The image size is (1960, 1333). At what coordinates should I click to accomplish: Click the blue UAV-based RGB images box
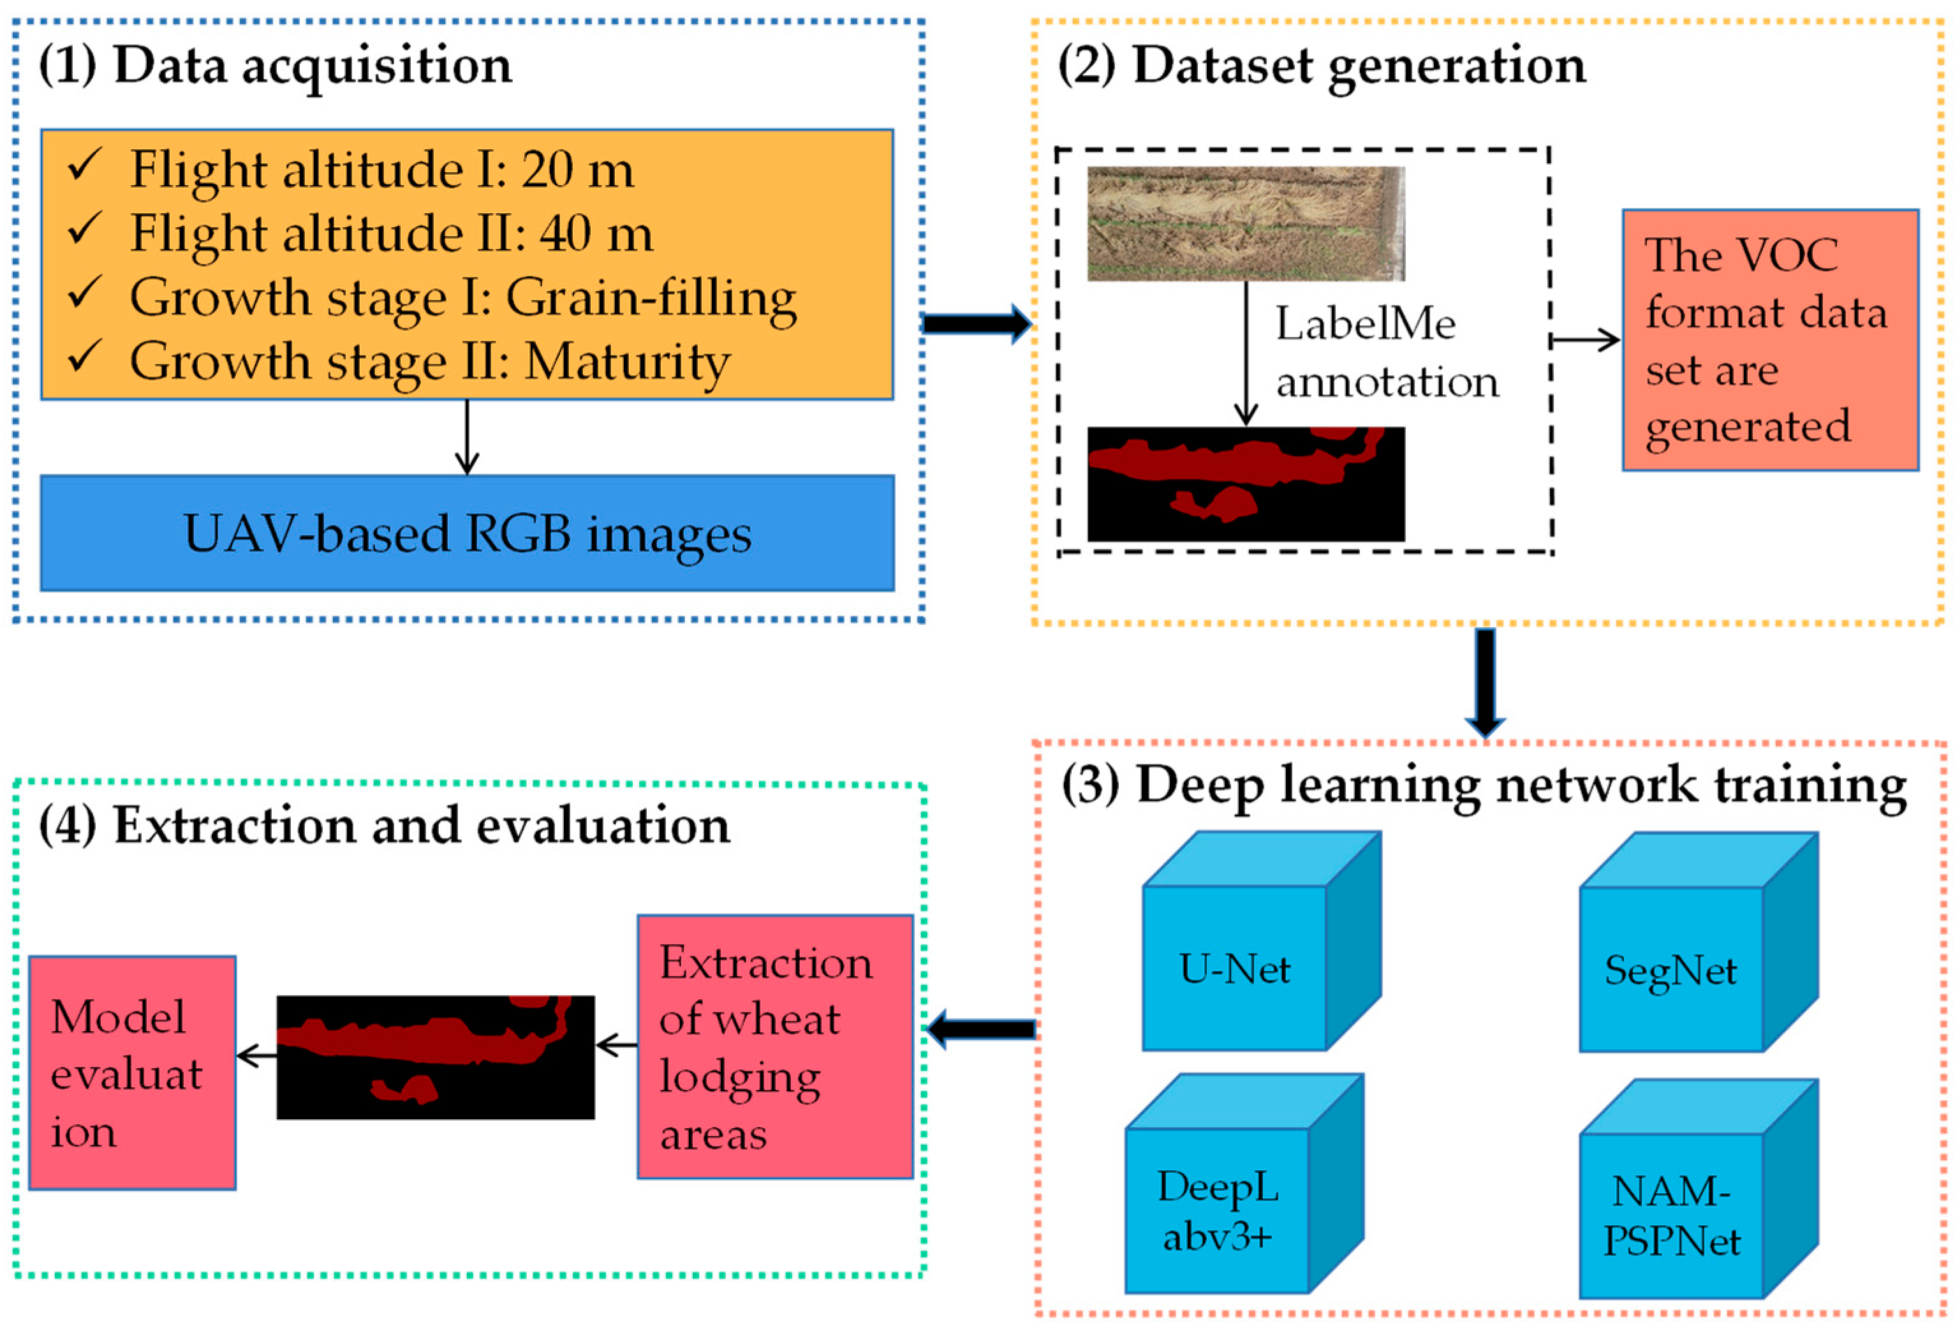[x=468, y=533]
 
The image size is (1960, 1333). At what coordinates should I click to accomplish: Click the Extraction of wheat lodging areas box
[x=775, y=1046]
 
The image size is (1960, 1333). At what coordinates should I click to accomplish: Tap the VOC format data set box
[x=1770, y=340]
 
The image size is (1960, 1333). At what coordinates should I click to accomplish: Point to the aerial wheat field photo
[x=1246, y=223]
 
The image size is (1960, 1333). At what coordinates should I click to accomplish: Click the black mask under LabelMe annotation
[x=1246, y=484]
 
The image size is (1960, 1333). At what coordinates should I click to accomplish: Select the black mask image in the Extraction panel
[x=435, y=1057]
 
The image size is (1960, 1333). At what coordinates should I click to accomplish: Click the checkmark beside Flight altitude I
[x=85, y=165]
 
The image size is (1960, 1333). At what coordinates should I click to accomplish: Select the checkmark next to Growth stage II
[x=85, y=356]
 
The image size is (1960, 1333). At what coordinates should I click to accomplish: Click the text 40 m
[x=596, y=234]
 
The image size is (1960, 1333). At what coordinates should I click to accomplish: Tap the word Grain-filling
[x=650, y=298]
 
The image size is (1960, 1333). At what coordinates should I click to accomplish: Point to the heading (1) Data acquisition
[x=275, y=66]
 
